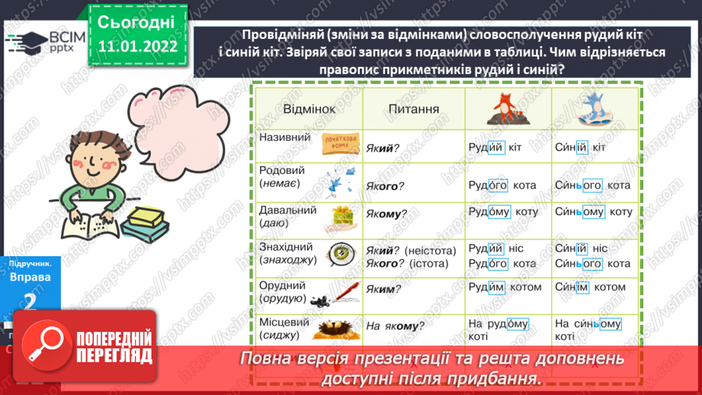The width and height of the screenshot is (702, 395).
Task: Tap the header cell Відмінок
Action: click(309, 109)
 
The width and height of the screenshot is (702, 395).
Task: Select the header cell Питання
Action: click(413, 109)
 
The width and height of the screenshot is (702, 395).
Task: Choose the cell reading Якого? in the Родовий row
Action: click(385, 185)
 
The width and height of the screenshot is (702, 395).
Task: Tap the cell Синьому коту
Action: click(593, 212)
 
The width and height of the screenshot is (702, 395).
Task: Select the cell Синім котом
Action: click(591, 287)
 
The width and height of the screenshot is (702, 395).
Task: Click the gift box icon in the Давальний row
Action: click(341, 218)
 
